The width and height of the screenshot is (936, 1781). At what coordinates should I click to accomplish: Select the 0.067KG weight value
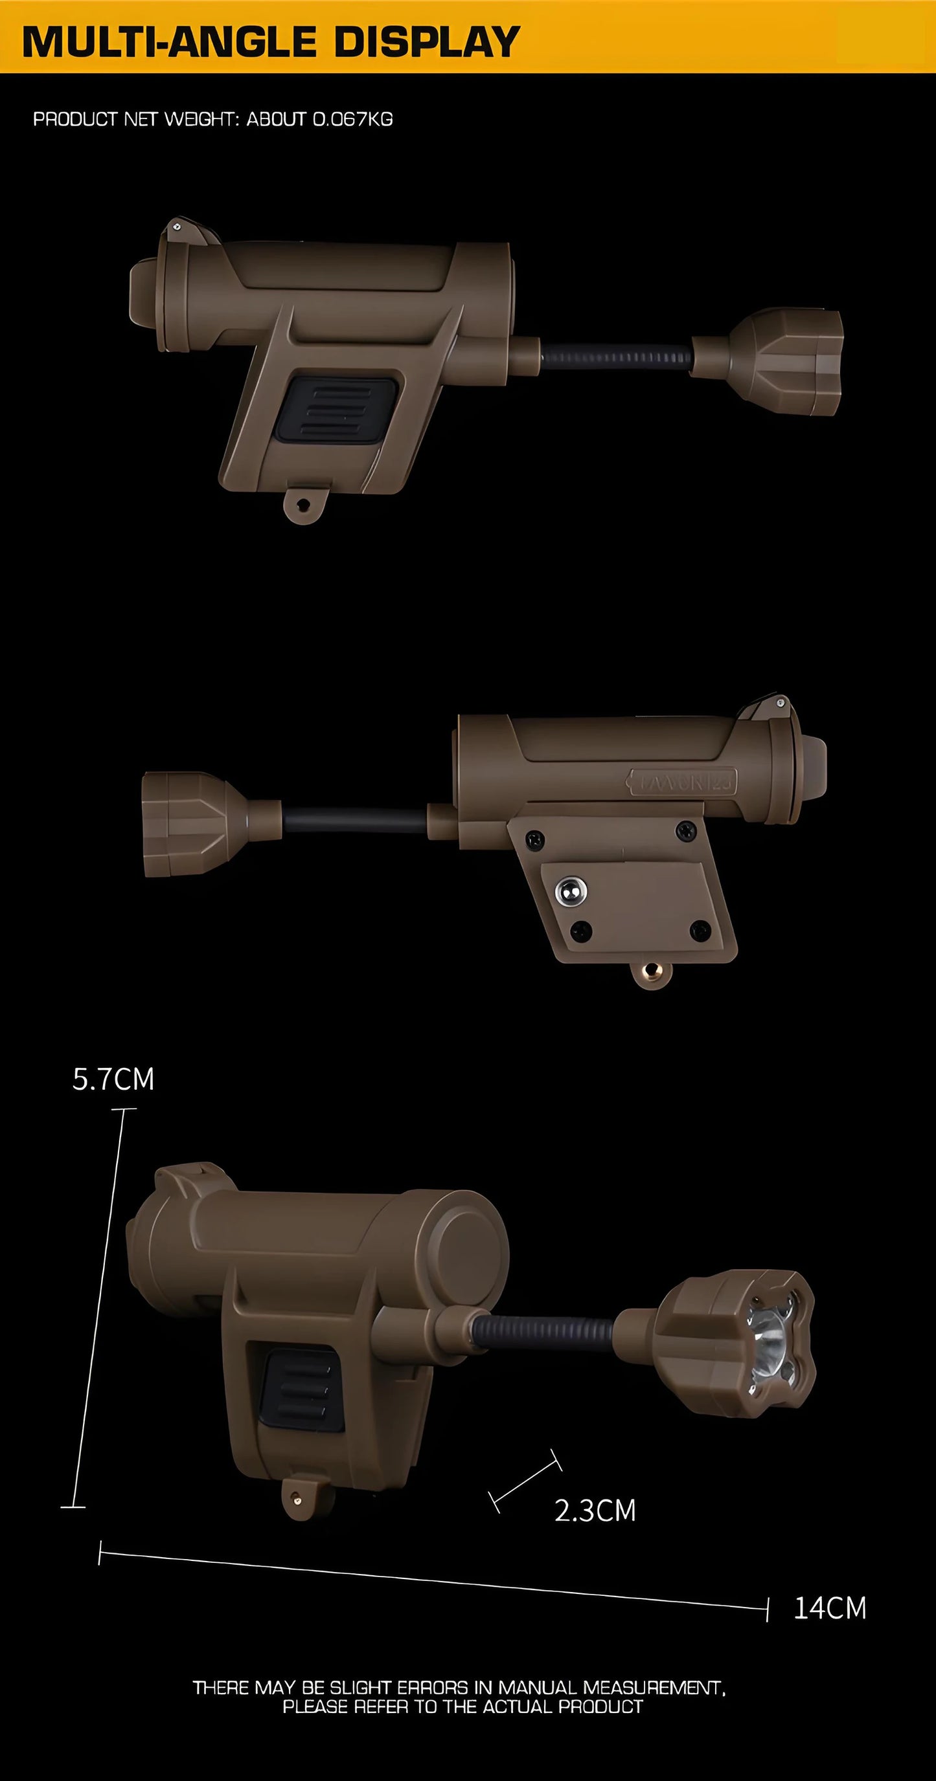coord(353,119)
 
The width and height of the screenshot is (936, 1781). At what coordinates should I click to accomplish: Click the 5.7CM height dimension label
coord(113,1079)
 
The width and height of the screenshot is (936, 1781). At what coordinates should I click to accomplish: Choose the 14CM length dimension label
coord(830,1608)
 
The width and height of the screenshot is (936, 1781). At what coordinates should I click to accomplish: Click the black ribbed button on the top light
coord(338,410)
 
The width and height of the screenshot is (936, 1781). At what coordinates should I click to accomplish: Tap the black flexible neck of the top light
coord(616,357)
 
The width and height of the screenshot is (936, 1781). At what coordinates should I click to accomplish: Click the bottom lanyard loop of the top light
coord(304,505)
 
